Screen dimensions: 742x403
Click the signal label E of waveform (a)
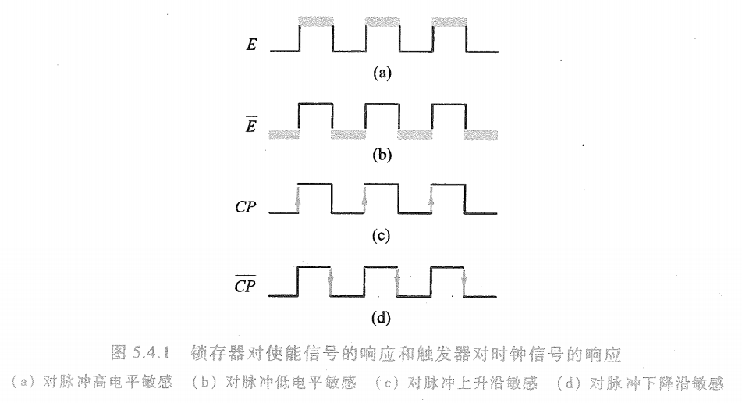point(251,45)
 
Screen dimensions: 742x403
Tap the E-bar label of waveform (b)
point(251,126)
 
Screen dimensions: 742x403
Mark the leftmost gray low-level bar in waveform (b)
point(284,135)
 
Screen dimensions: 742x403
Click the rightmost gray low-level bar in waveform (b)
point(481,135)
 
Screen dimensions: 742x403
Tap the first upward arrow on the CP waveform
point(299,201)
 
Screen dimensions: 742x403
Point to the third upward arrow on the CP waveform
point(431,201)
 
